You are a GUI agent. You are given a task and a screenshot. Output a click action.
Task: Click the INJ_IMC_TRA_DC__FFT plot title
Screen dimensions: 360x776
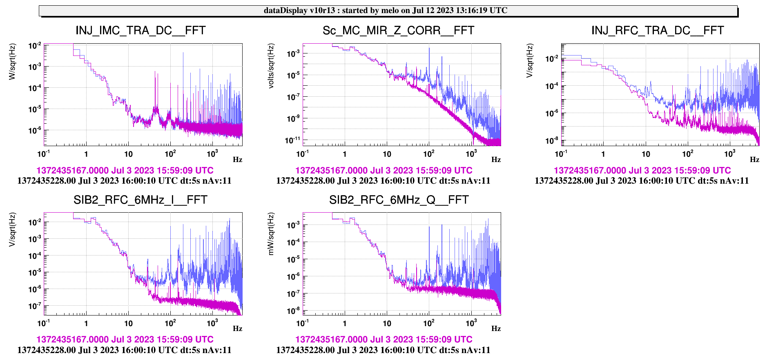(x=140, y=31)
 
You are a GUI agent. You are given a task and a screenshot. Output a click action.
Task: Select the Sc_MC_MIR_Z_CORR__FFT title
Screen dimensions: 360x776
(x=398, y=31)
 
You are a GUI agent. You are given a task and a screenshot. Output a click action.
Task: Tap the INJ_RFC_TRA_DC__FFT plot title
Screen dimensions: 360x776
(x=657, y=31)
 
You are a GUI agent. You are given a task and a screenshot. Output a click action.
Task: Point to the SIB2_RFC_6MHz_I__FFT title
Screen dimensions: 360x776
(x=140, y=200)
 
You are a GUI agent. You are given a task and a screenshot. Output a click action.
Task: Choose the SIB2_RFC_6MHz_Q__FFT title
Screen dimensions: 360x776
(x=399, y=200)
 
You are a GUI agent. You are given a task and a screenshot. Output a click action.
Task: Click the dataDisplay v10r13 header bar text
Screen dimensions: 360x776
(x=385, y=11)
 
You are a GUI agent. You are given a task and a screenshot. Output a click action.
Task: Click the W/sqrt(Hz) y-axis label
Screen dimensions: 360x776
(x=12, y=61)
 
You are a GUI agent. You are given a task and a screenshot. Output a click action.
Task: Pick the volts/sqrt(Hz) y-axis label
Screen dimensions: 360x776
(x=271, y=66)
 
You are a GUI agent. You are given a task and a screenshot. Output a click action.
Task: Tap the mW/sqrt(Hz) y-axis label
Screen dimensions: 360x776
(x=271, y=234)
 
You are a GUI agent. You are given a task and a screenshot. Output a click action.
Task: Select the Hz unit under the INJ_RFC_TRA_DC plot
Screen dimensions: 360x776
(x=754, y=160)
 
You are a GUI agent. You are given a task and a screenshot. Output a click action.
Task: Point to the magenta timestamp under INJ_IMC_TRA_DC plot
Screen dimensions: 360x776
(x=125, y=171)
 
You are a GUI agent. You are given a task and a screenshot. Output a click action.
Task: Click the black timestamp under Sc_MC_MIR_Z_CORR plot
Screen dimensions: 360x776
(x=383, y=181)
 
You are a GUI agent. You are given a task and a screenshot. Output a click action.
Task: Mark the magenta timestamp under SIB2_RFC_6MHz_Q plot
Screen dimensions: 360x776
(x=384, y=340)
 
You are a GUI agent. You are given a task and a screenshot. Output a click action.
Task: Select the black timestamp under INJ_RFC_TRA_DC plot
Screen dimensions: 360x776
(x=642, y=181)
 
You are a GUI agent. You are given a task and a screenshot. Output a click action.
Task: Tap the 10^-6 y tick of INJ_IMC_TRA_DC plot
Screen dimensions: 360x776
(x=35, y=130)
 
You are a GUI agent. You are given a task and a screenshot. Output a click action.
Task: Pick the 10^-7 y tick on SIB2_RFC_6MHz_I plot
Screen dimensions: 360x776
(x=35, y=306)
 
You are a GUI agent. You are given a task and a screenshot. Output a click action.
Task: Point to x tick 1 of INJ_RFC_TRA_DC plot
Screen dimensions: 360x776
(x=603, y=154)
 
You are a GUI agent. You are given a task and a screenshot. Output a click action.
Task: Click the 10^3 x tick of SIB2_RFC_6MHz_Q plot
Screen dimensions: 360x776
(x=471, y=323)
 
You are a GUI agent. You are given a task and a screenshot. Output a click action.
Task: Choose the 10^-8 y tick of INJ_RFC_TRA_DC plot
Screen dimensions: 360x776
(x=552, y=141)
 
